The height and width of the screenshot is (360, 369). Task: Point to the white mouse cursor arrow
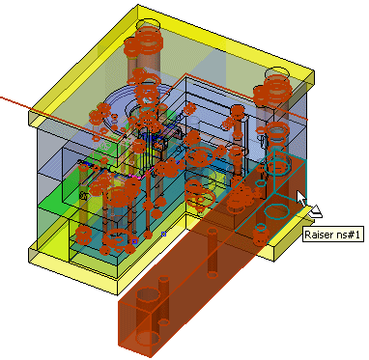pos(301,199)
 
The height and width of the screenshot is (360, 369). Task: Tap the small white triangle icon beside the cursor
pos(316,211)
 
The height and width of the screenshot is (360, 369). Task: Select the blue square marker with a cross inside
pos(163,234)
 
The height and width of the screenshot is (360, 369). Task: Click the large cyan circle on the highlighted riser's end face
pos(277,211)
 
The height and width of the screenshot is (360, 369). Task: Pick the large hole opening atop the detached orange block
pos(149,295)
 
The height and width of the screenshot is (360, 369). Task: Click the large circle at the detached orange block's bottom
pos(148,338)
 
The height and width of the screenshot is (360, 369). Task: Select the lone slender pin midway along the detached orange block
pos(213,253)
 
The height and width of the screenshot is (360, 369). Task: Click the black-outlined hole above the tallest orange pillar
pos(149,24)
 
